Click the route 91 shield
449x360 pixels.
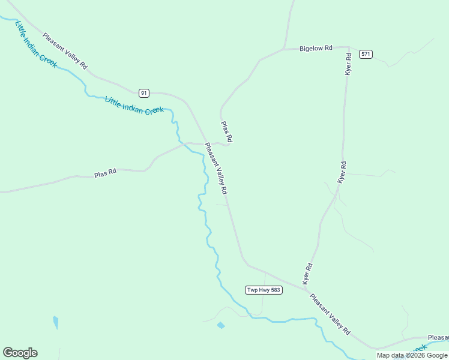click(x=143, y=92)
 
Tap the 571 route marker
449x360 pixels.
click(x=366, y=54)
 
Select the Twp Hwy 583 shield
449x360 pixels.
click(x=264, y=290)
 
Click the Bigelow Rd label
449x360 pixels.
click(x=316, y=48)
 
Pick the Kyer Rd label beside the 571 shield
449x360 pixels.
click(x=348, y=64)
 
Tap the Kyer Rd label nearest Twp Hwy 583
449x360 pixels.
click(x=308, y=274)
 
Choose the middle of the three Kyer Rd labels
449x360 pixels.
click(x=342, y=172)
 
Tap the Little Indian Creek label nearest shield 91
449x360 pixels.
click(x=134, y=106)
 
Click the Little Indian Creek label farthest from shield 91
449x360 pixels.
click(x=37, y=44)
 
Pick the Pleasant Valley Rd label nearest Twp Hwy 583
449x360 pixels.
click(x=330, y=314)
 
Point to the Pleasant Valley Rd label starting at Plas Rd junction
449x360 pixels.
click(x=216, y=168)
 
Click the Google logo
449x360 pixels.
click(x=20, y=353)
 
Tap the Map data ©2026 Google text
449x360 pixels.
click(x=412, y=355)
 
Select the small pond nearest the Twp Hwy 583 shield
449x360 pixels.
click(x=221, y=325)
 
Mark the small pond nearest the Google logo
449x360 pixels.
click(x=56, y=323)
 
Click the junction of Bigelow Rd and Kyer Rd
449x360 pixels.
click(x=349, y=47)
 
